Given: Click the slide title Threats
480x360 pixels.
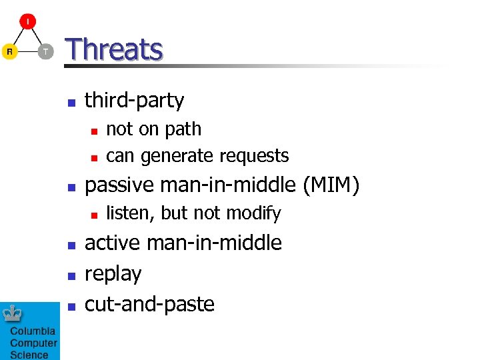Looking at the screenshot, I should (x=114, y=49).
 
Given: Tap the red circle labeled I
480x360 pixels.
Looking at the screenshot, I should (x=27, y=22).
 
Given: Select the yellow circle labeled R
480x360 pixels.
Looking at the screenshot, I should (x=9, y=51).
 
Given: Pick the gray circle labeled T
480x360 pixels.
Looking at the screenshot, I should (x=45, y=51).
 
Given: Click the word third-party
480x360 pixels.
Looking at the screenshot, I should (x=134, y=101).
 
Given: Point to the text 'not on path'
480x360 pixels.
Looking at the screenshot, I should (x=153, y=129).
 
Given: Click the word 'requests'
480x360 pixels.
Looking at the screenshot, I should (x=257, y=156).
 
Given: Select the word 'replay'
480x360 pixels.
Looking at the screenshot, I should (x=113, y=274).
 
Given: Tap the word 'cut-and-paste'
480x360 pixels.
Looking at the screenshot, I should (x=149, y=304).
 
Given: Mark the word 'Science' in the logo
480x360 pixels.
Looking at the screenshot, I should (x=29, y=355).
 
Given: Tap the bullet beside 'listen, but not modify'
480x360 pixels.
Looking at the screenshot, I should (x=95, y=215).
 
